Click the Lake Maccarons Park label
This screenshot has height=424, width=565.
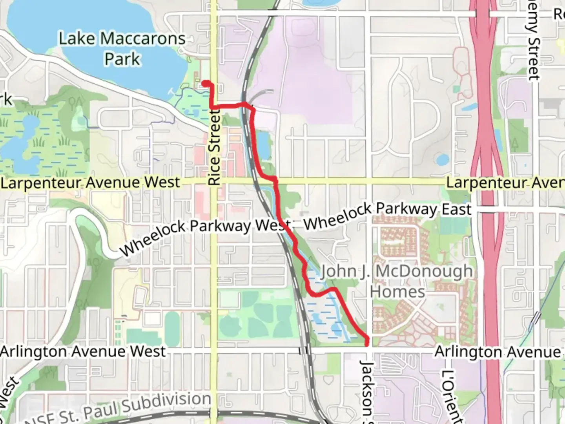tap(122, 49)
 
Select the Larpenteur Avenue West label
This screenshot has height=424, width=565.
tap(90, 183)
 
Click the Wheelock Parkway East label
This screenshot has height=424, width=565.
tap(387, 216)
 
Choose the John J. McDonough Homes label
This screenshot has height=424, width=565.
tap(397, 281)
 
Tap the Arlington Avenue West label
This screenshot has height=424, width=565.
tap(83, 351)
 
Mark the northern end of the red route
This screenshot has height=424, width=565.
tap(205, 83)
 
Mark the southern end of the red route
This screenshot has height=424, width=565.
tap(367, 344)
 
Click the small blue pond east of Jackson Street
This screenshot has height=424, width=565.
tap(443, 159)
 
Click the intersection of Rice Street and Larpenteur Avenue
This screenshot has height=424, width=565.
tap(214, 182)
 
